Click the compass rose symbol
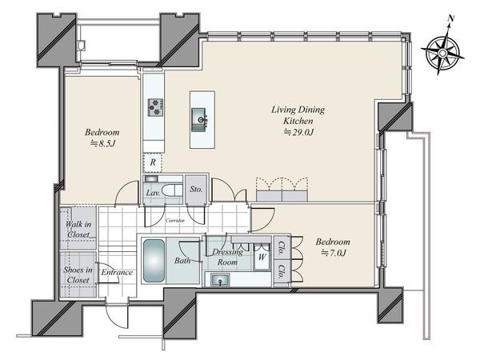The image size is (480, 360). tap(442, 53)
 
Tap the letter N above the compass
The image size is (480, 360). tap(450, 18)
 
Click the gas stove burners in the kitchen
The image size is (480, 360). tap(155, 107)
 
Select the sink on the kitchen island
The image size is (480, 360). tap(199, 120)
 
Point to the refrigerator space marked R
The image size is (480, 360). tap(153, 162)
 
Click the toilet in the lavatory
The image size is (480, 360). tap(172, 190)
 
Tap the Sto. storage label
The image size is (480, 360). tap(196, 189)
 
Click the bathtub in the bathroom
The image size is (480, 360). tap(154, 261)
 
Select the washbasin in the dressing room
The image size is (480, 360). tap(220, 279)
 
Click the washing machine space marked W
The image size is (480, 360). tap(262, 257)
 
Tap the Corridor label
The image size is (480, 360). tap(174, 220)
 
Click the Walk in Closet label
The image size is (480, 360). tap(78, 230)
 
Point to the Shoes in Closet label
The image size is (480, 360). tap(78, 275)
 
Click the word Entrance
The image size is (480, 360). tap(117, 272)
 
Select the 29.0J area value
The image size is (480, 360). tap(298, 132)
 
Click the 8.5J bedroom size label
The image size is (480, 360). tap(102, 143)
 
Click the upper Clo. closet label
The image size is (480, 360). tap(281, 247)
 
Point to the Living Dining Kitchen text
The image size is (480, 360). tap(298, 115)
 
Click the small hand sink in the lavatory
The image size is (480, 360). tap(151, 178)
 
